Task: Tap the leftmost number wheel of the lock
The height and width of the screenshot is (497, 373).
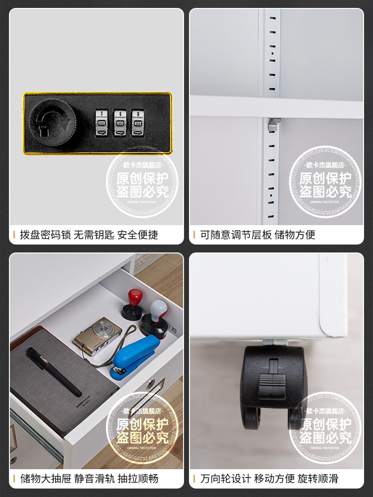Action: tap(101, 122)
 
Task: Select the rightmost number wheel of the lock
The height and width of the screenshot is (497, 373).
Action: tap(138, 122)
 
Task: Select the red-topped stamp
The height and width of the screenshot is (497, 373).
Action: tap(132, 303)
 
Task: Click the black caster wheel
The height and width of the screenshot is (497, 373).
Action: tap(273, 388)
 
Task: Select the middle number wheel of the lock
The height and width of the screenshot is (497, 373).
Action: tap(120, 122)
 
